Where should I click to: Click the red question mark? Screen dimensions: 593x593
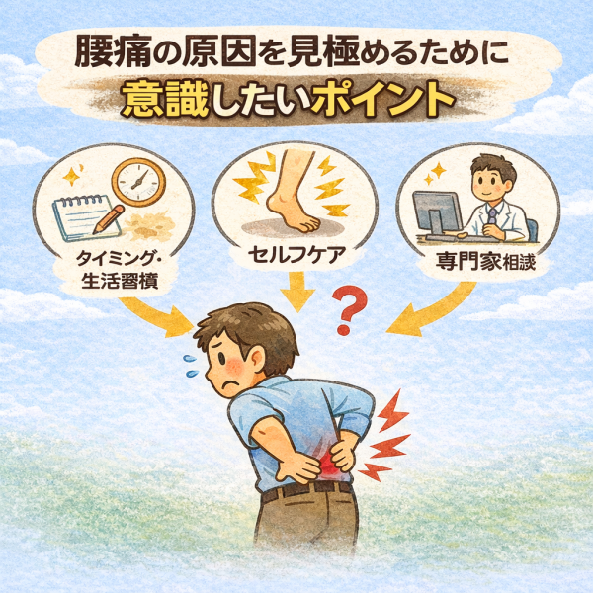click(x=349, y=310)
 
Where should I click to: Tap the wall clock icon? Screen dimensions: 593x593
click(x=139, y=182)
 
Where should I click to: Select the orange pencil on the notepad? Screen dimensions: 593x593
click(x=108, y=219)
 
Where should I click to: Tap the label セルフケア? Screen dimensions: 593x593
click(x=296, y=255)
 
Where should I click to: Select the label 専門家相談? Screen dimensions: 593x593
click(x=485, y=261)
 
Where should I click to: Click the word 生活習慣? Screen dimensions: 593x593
click(x=120, y=281)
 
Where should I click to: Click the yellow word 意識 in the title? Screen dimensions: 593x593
click(x=165, y=100)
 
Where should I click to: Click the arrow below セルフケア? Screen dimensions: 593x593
click(x=297, y=292)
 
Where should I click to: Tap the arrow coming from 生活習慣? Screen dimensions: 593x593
click(x=159, y=314)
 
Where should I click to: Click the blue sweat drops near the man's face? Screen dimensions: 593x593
click(x=191, y=366)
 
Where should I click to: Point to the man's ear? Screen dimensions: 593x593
click(x=256, y=359)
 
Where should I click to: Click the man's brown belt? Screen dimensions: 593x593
click(x=307, y=490)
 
